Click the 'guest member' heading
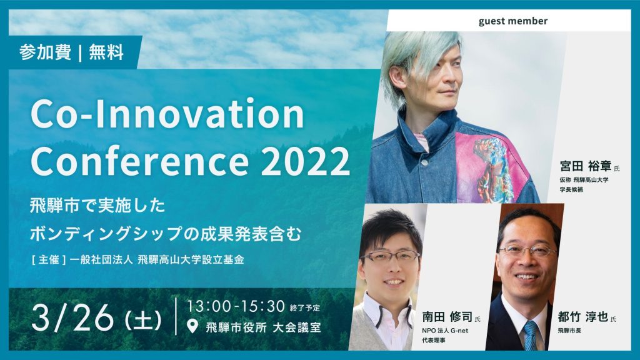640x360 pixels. [x=512, y=21]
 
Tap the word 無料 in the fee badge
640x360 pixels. [x=106, y=52]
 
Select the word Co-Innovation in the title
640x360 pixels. [x=167, y=114]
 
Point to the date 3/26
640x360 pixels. [x=72, y=318]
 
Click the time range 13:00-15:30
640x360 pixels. [x=236, y=306]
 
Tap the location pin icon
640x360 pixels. [x=192, y=326]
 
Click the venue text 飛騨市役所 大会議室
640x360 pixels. [x=263, y=327]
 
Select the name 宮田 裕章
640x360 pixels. [x=586, y=166]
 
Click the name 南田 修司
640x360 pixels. [x=447, y=317]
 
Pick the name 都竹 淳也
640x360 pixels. [x=583, y=317]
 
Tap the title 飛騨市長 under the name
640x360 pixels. [x=569, y=331]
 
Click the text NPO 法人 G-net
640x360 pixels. [x=445, y=331]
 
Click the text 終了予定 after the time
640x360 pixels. [x=305, y=307]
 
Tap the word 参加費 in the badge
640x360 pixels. [x=45, y=52]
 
